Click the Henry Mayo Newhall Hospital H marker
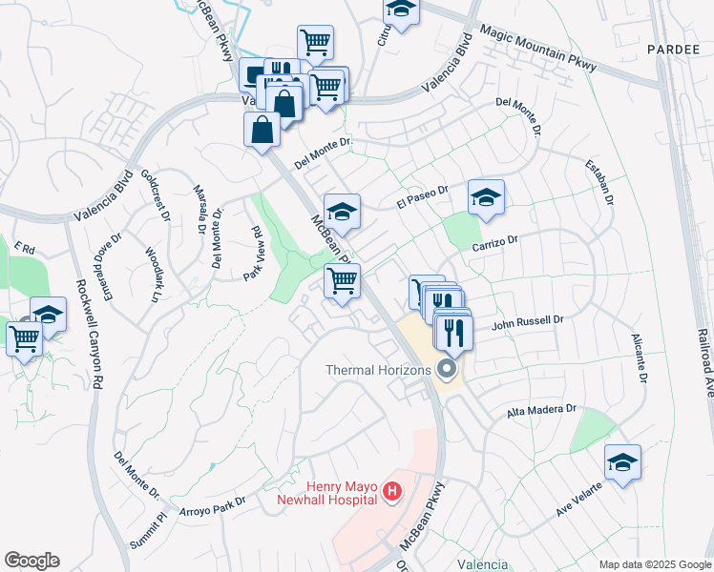[x=390, y=492]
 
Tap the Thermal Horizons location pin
[x=446, y=369]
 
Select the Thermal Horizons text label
[x=379, y=370]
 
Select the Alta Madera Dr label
[x=542, y=410]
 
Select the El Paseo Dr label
[x=422, y=197]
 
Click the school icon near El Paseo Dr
[x=486, y=197]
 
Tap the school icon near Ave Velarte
[x=622, y=462]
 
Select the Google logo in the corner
[x=31, y=560]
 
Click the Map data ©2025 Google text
[x=654, y=563]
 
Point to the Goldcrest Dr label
[x=155, y=195]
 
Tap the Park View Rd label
[x=254, y=253]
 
